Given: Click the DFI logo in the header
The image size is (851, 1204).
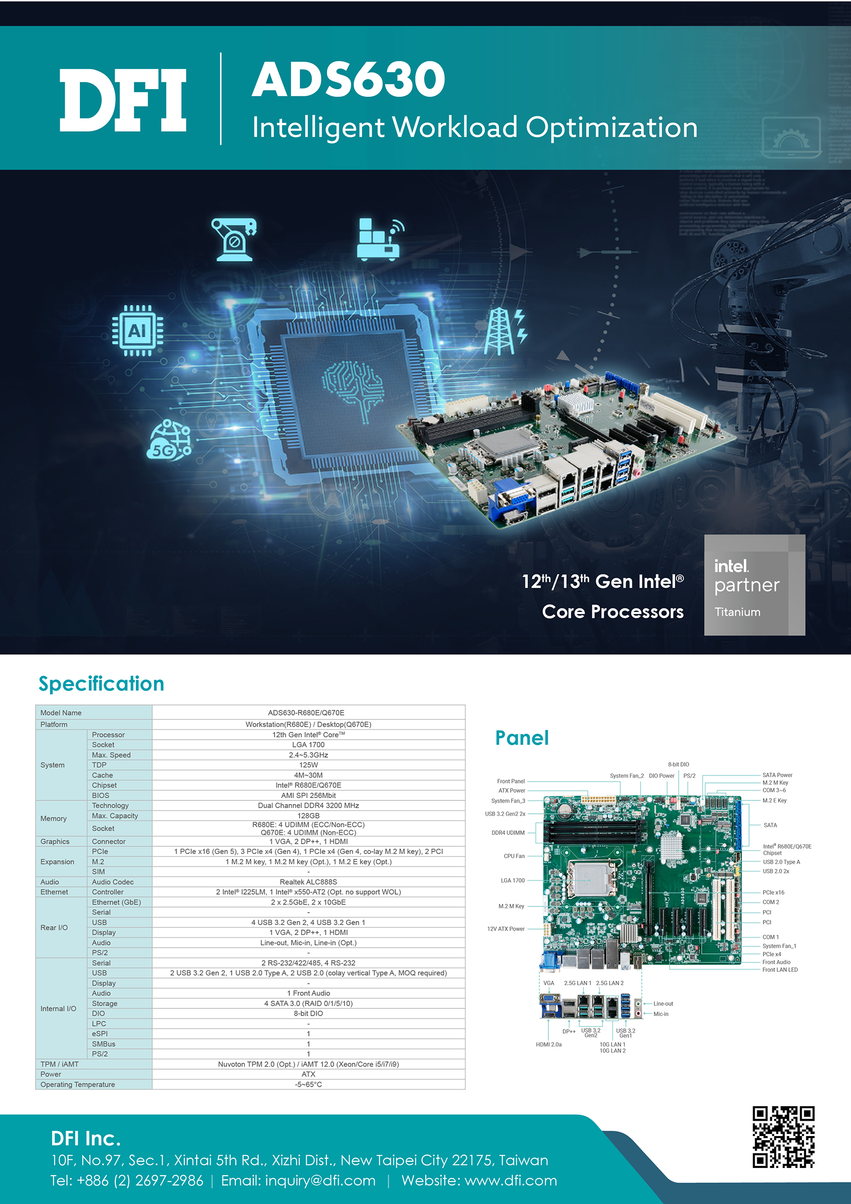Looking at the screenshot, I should (x=123, y=100).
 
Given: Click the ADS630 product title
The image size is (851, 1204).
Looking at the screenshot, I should (x=349, y=79).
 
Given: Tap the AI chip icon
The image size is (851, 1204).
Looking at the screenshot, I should (x=137, y=330).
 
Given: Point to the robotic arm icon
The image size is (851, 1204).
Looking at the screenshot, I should (x=234, y=240).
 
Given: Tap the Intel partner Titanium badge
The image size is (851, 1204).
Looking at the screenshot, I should (x=754, y=585).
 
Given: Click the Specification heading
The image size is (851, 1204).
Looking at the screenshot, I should (x=101, y=683).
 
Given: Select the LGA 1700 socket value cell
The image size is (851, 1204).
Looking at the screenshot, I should (x=308, y=745).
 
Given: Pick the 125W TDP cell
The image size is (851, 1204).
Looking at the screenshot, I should (x=308, y=765).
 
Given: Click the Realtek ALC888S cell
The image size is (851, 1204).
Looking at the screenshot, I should (x=308, y=882).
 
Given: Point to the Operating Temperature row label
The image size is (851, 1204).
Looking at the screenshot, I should (x=78, y=1085).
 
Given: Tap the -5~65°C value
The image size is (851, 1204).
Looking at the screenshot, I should (x=308, y=1085).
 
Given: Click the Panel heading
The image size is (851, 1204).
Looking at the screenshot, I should (x=522, y=738).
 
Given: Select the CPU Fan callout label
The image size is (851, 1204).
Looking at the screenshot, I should (x=514, y=856).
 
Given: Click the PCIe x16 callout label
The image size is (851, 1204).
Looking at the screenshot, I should (x=773, y=892).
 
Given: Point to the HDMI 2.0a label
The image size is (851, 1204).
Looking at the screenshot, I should (x=548, y=1044).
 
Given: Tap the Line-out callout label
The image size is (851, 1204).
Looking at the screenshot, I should (x=663, y=1004).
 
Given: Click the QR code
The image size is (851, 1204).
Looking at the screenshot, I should (x=784, y=1137).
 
